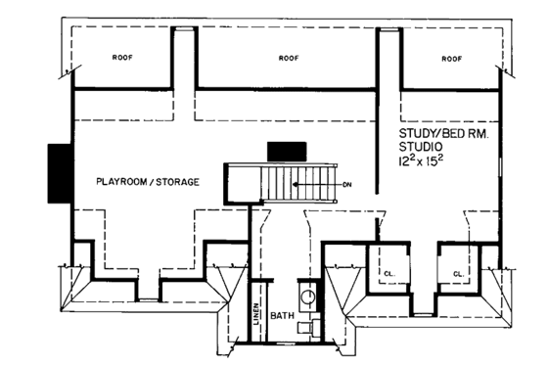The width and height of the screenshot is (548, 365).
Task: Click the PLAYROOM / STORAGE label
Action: pyautogui.click(x=148, y=182)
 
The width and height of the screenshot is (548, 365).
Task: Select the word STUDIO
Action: pyautogui.click(x=423, y=146)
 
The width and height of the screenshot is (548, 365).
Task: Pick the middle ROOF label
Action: pyautogui.click(x=289, y=58)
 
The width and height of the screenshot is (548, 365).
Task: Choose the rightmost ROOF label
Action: pyautogui.click(x=451, y=58)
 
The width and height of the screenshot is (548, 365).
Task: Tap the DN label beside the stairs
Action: pyautogui.click(x=347, y=184)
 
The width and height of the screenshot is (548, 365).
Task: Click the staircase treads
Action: pyautogui.click(x=284, y=183)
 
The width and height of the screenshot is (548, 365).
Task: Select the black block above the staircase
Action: pyautogui.click(x=287, y=150)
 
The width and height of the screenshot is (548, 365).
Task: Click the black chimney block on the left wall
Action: pyautogui.click(x=60, y=172)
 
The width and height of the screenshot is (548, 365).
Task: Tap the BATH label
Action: pyautogui.click(x=283, y=317)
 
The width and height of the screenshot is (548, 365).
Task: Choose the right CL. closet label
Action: pyautogui.click(x=457, y=274)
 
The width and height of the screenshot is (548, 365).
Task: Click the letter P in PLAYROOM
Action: pyautogui.click(x=99, y=182)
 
